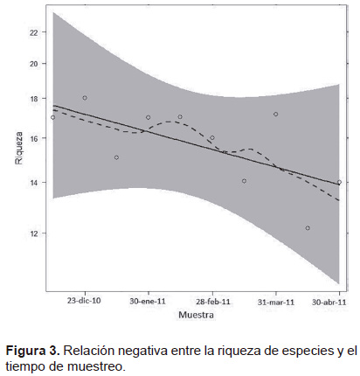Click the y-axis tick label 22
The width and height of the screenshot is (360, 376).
pos(34,32)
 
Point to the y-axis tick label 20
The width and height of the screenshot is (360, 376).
pos(34,64)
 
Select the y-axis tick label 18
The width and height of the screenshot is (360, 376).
pos(34,99)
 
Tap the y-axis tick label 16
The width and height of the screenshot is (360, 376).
pos(34,138)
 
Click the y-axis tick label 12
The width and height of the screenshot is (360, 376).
pos(34,233)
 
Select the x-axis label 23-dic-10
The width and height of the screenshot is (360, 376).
pos(84,301)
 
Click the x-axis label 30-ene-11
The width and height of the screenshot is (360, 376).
pos(148,301)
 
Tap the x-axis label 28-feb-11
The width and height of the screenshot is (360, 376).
pos(212,302)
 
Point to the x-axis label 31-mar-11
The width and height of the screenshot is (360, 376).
pos(276,302)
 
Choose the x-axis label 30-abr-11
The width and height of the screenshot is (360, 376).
pos(329,302)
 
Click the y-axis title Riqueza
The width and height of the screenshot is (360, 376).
pos(19,148)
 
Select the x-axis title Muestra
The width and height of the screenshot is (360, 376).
pos(196,315)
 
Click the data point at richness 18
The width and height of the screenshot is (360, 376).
pos(85,98)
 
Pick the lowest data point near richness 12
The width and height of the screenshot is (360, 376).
pos(308,228)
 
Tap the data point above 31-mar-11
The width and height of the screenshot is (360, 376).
pos(275,114)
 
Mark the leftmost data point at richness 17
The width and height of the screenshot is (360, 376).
pos(52,117)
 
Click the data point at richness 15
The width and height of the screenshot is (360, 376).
pos(116,157)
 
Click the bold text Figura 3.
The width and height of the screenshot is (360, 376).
pos(32,351)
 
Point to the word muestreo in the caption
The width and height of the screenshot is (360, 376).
pos(96,366)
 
